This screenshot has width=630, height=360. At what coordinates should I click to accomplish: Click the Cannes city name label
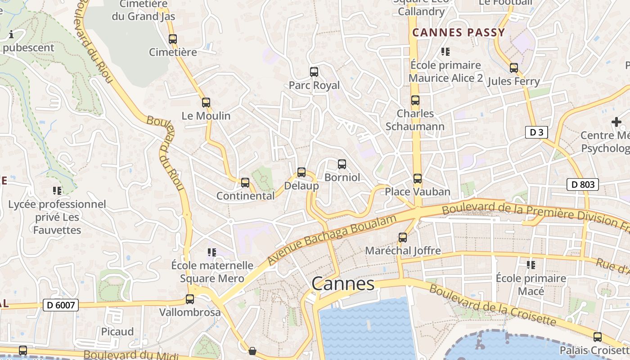[x=343, y=284]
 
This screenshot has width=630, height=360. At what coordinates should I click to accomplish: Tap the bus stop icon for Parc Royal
[x=314, y=72]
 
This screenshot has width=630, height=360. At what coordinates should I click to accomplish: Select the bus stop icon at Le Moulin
[x=206, y=102]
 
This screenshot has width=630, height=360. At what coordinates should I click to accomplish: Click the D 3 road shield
[x=536, y=132]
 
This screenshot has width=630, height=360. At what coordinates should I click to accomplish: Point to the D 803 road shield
[x=582, y=184]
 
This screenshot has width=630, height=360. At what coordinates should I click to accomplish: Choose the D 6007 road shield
[x=61, y=305]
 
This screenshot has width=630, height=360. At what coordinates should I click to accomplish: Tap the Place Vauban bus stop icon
[x=418, y=179]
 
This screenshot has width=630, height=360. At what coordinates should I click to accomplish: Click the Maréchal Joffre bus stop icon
[x=403, y=237]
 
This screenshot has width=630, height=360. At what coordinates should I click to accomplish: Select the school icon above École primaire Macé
[x=531, y=265]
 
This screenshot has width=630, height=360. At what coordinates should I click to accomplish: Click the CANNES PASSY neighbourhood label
[x=459, y=32]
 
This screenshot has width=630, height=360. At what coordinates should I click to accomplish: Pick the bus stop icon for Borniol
[x=342, y=164]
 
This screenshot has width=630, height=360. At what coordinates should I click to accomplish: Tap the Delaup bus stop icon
[x=301, y=172]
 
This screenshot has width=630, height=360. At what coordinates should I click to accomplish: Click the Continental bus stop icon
[x=245, y=182]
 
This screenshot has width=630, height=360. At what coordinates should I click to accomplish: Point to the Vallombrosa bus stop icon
[x=190, y=299]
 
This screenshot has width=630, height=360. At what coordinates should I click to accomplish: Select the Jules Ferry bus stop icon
[x=514, y=68]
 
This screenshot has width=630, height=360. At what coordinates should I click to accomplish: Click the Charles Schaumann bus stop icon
[x=415, y=100]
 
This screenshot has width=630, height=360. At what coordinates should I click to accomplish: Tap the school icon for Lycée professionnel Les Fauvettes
[x=57, y=190]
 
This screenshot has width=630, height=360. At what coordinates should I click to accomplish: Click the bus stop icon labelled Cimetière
[x=173, y=39]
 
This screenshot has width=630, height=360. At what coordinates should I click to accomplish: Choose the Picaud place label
[x=117, y=332]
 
